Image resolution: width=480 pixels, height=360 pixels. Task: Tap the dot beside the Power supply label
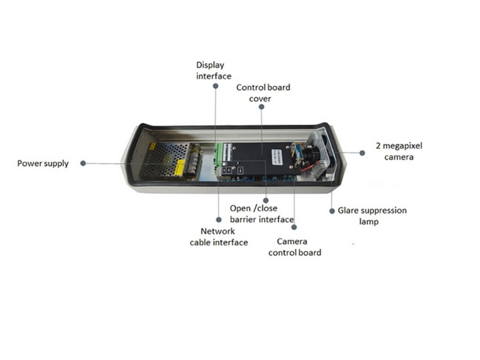click(83, 163)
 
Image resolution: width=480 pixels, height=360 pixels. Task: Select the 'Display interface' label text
click(214, 70)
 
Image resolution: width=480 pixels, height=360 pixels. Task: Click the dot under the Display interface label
click(215, 86)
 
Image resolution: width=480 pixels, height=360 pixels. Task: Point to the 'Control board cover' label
click(263, 93)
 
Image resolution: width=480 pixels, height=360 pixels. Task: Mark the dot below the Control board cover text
click(261, 106)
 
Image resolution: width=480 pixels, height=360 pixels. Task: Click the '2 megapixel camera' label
click(399, 151)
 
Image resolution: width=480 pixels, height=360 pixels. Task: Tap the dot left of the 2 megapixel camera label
click(362, 153)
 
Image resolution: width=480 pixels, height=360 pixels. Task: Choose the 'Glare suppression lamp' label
click(372, 216)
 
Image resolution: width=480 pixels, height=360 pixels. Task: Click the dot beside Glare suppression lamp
click(332, 211)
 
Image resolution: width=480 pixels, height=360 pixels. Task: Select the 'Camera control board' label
click(295, 247)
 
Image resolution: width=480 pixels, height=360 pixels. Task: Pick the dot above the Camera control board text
click(294, 227)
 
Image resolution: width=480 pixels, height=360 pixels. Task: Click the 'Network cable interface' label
click(219, 237)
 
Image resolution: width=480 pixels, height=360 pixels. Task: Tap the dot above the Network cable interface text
click(219, 220)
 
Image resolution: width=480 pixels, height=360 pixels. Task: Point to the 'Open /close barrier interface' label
click(262, 214)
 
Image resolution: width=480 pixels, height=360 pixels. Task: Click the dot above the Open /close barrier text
click(266, 200)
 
